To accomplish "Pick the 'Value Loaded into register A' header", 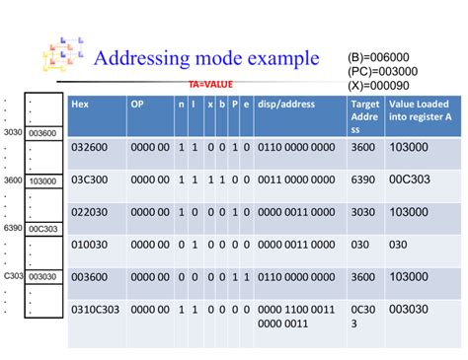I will [422, 110].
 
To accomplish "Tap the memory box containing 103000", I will [43, 180].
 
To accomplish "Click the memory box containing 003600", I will [43, 132].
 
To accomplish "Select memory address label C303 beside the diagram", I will [12, 277].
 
